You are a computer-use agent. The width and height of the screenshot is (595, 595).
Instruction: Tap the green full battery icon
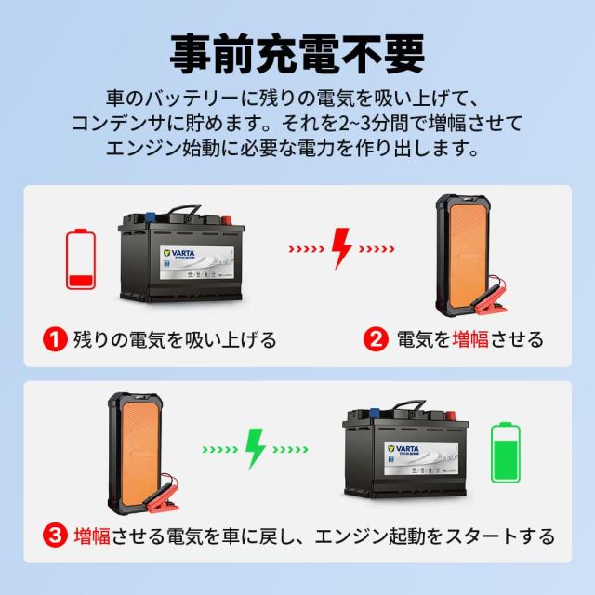tap(506, 454)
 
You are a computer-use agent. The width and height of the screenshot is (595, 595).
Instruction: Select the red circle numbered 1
tap(56, 338)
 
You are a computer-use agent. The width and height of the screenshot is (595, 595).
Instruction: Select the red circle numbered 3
tap(56, 536)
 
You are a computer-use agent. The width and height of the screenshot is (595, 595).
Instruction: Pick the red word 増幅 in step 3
tap(92, 536)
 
